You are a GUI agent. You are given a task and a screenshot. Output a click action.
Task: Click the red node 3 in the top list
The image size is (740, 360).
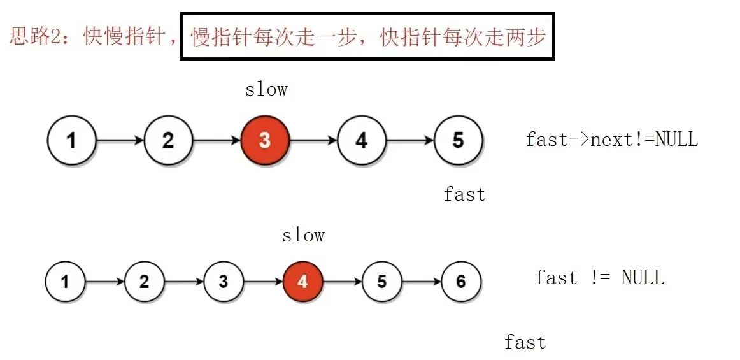[265, 140]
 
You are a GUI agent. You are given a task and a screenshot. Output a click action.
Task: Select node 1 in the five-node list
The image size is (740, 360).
[71, 140]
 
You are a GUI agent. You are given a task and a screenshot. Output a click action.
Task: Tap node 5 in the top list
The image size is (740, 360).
[458, 140]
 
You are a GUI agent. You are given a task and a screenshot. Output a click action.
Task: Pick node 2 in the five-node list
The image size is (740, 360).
[168, 140]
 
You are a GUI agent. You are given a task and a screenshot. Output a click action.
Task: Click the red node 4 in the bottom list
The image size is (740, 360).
[302, 281]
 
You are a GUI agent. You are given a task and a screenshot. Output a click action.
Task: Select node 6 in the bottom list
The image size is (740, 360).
[461, 281]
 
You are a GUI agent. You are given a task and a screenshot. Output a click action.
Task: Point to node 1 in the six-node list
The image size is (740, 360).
[65, 281]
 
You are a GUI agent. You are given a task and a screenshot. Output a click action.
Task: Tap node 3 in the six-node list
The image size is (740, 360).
[223, 281]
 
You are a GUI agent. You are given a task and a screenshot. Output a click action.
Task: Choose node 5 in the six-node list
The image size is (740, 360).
[381, 281]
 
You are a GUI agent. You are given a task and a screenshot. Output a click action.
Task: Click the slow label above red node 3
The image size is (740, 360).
[266, 89]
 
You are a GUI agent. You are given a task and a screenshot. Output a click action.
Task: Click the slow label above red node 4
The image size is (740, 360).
[303, 235]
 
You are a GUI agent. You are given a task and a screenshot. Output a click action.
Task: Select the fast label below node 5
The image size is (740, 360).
[464, 194]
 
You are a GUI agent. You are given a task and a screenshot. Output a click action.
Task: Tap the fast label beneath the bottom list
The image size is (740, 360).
[525, 342]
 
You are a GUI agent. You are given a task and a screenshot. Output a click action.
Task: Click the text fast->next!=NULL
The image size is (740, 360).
[611, 140]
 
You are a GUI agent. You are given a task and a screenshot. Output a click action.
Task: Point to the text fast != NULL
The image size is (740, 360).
[599, 278]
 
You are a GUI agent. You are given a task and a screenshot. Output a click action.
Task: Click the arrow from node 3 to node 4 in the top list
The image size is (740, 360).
[313, 140]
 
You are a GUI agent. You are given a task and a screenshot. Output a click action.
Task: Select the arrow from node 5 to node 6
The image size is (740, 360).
[421, 281]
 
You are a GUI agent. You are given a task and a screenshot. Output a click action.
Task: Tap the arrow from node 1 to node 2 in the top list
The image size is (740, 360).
[120, 140]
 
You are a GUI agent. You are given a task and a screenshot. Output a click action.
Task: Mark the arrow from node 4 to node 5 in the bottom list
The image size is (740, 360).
[342, 281]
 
